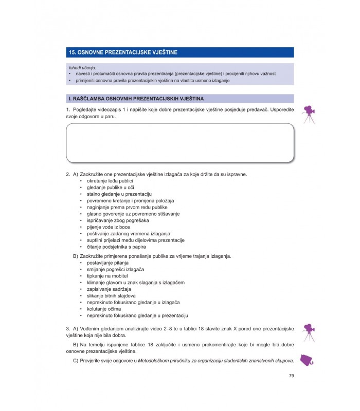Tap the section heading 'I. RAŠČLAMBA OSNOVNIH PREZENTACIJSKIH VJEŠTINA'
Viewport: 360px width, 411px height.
(x=136, y=98)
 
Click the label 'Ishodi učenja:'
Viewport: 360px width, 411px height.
(x=82, y=68)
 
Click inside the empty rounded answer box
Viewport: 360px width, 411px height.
(x=180, y=142)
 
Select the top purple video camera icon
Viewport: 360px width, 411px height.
(x=309, y=114)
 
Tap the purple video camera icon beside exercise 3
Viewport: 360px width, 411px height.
(x=308, y=331)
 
